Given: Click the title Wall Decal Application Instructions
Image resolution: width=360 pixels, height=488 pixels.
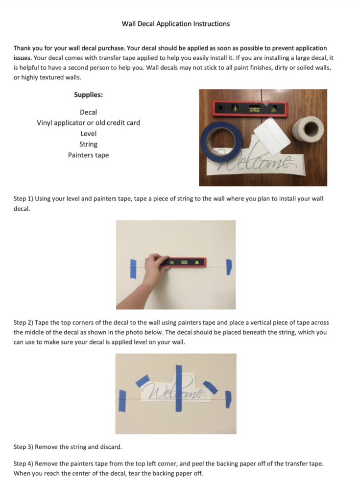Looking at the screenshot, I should pyautogui.click(x=176, y=24).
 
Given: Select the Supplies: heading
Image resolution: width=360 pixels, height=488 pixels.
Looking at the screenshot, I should pyautogui.click(x=88, y=95).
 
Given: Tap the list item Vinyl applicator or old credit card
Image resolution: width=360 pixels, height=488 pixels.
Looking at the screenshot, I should pyautogui.click(x=88, y=122).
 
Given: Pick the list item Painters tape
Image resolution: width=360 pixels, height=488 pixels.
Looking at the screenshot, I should pyautogui.click(x=88, y=155).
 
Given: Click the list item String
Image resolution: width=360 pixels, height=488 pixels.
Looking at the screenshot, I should pyautogui.click(x=88, y=144).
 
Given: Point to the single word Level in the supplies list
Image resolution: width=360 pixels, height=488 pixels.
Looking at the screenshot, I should pyautogui.click(x=88, y=133).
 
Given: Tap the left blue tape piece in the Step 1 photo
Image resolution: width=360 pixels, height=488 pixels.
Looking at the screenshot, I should pyautogui.click(x=133, y=268).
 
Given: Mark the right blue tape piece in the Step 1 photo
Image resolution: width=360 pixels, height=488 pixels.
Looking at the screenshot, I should pyautogui.click(x=228, y=267).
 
